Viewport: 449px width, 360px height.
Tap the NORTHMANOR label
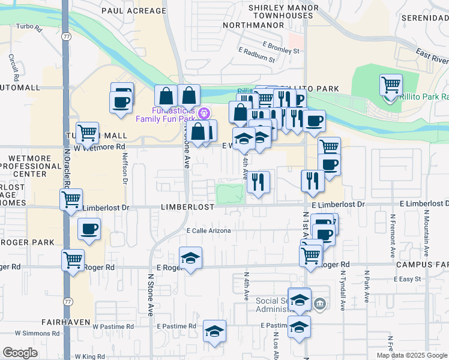point(249,25)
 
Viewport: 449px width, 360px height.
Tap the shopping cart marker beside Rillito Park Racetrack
point(391,85)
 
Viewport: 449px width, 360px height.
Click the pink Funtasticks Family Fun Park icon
point(203,112)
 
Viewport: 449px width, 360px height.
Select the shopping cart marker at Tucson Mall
point(88,133)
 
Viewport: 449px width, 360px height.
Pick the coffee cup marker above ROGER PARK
point(89,229)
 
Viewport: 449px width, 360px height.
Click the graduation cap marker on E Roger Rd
point(191,258)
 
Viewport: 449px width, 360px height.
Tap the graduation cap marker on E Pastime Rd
point(214,331)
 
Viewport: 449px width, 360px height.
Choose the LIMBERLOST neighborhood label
point(188,206)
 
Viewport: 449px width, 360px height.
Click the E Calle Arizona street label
point(208,230)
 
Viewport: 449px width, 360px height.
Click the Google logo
point(20,353)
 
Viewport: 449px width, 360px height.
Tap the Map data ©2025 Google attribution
point(412,355)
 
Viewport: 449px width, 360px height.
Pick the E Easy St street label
point(409,280)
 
